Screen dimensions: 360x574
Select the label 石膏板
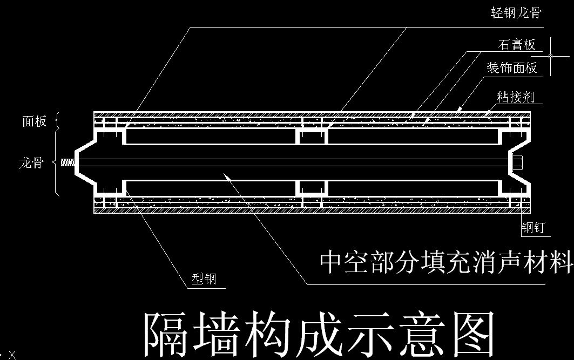click(517, 45)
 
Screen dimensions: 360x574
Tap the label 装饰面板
click(512, 68)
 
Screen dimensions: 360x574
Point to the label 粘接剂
click(516, 97)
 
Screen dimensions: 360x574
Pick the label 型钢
click(204, 279)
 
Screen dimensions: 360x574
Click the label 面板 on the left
click(34, 121)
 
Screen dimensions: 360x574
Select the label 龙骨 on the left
click(31, 162)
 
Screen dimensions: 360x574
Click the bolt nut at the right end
click(516, 162)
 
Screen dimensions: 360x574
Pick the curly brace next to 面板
click(58, 121)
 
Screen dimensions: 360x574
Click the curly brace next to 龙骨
click(57, 162)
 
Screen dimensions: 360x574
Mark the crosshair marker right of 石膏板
click(550, 56)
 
